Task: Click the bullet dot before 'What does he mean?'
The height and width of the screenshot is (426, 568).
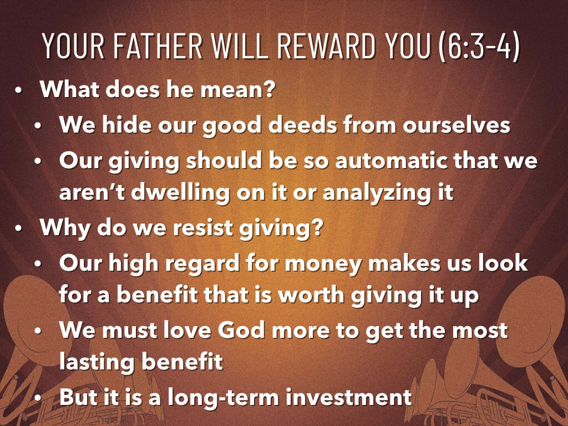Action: click(19, 91)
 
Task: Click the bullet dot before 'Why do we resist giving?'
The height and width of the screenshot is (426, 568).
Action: click(19, 229)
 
